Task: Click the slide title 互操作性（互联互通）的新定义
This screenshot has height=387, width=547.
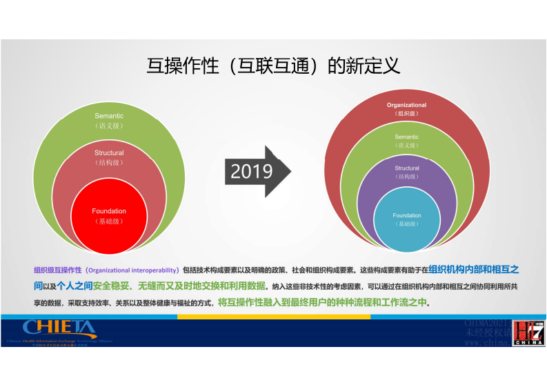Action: coord(273,66)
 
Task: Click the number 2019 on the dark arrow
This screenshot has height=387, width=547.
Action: coord(251,171)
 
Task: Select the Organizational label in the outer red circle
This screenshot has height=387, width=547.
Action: coord(406,105)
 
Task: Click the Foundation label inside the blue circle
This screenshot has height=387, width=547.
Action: coord(406,216)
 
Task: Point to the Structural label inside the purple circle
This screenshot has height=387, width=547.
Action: coord(406,168)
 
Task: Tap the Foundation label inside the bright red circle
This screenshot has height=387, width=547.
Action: coord(109,211)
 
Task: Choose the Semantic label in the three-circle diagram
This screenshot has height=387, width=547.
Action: coord(109,115)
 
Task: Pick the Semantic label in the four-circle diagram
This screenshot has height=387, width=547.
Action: coord(406,137)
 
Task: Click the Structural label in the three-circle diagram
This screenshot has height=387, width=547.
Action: coord(109,153)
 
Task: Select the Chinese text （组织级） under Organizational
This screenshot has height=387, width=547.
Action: coord(406,113)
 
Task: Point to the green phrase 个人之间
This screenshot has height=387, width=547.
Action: coord(74,285)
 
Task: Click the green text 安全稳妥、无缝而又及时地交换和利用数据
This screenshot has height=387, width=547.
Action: coord(179,285)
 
